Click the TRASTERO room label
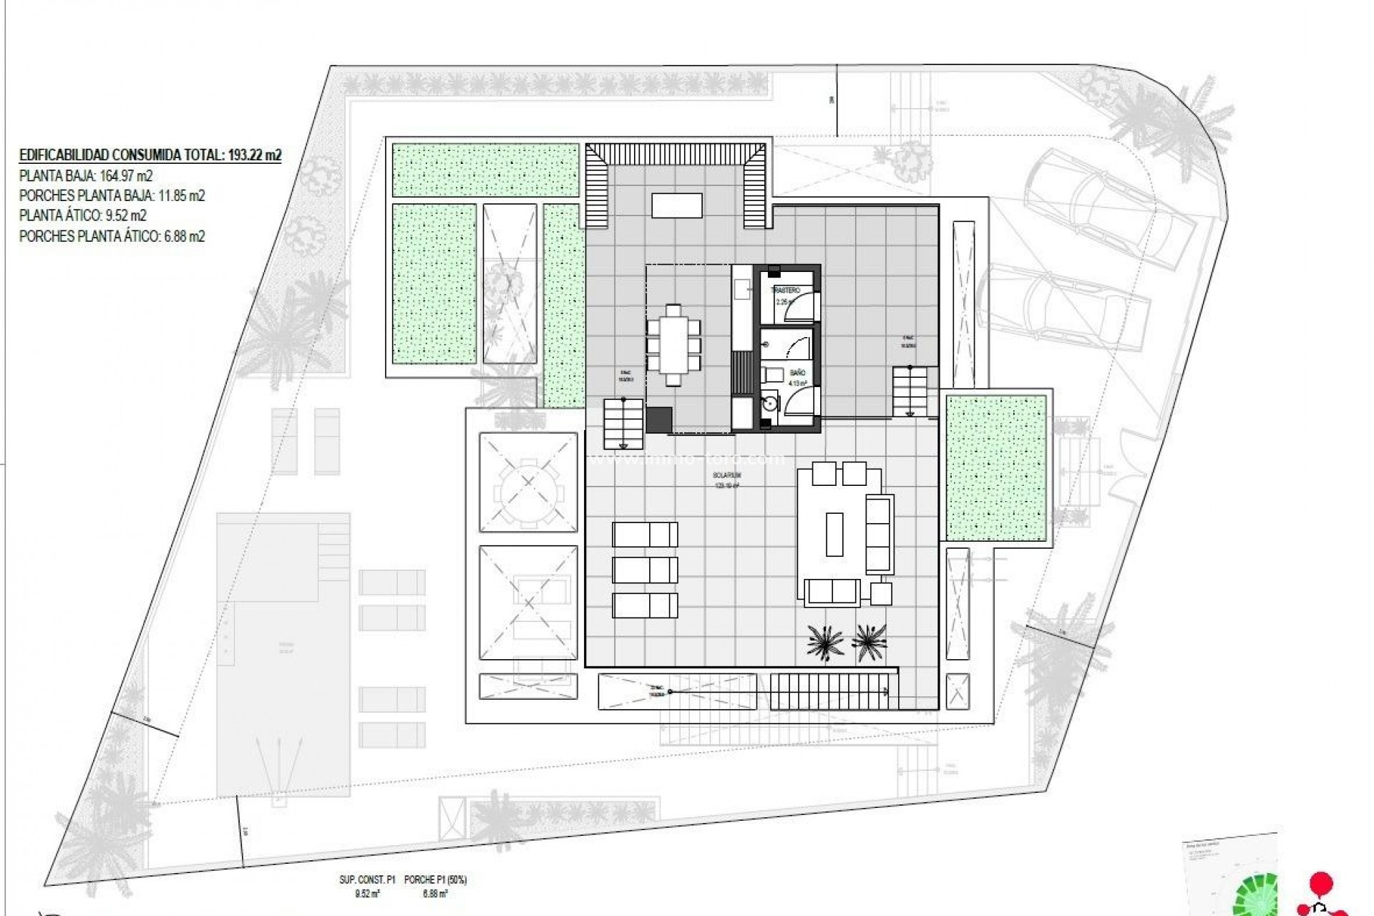(x=784, y=291)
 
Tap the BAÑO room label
(x=798, y=373)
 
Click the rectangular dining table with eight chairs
(x=673, y=345)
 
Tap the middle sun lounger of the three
(x=645, y=570)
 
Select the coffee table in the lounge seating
(x=834, y=534)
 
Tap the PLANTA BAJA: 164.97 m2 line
(x=86, y=176)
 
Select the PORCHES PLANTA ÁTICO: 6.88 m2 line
(x=112, y=236)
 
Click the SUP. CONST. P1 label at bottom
(x=367, y=880)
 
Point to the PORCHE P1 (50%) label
(x=435, y=880)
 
